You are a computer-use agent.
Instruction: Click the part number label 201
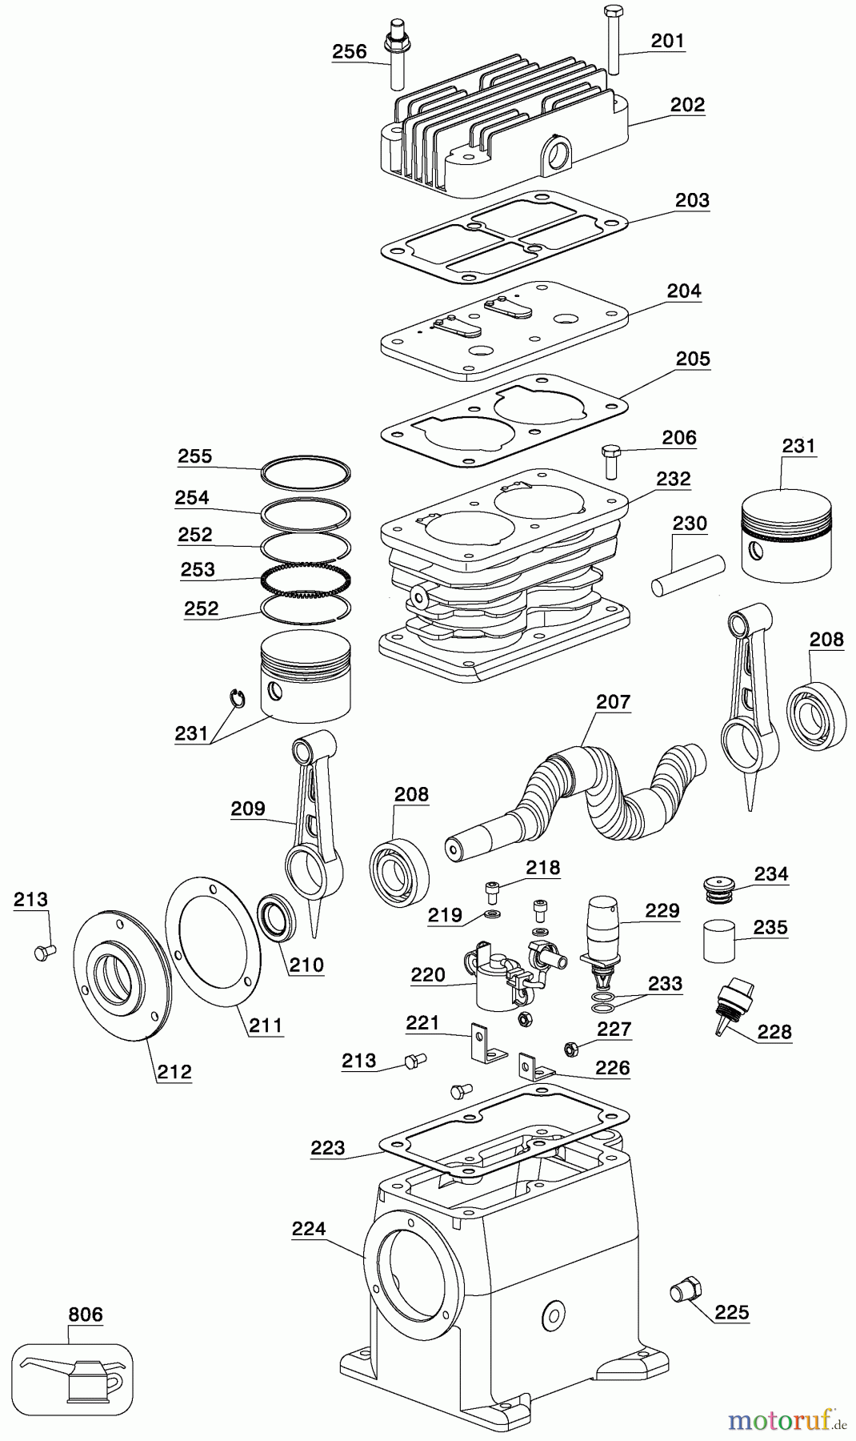pyautogui.click(x=667, y=40)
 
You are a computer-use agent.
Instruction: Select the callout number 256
pyautogui.click(x=350, y=52)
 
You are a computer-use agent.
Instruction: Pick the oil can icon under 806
pyautogui.click(x=73, y=1374)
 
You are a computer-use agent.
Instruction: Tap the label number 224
pyautogui.click(x=309, y=1229)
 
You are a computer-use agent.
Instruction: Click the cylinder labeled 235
pyautogui.click(x=720, y=941)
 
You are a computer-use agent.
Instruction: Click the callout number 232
pyautogui.click(x=673, y=479)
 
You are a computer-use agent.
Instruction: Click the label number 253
pyautogui.click(x=198, y=569)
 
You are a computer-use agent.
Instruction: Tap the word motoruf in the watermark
pyautogui.click(x=776, y=1421)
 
